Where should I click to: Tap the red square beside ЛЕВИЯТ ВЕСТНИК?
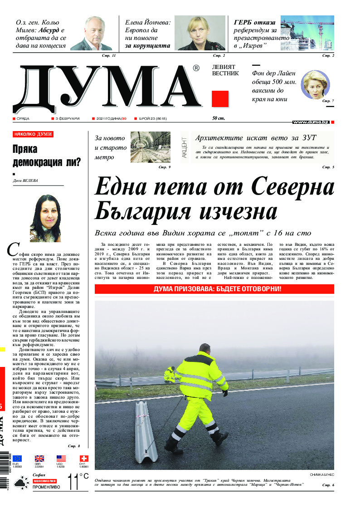[220, 99]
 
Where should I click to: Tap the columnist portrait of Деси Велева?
[45, 218]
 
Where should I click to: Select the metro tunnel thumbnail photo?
[151, 147]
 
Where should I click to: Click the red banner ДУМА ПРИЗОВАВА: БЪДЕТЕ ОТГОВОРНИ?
[214, 289]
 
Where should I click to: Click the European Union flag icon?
[17, 458]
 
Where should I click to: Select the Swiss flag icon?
[84, 458]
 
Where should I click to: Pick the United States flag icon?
[61, 458]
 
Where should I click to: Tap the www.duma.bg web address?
[311, 122]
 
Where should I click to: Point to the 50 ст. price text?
[219, 118]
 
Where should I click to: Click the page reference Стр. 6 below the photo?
[328, 486]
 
